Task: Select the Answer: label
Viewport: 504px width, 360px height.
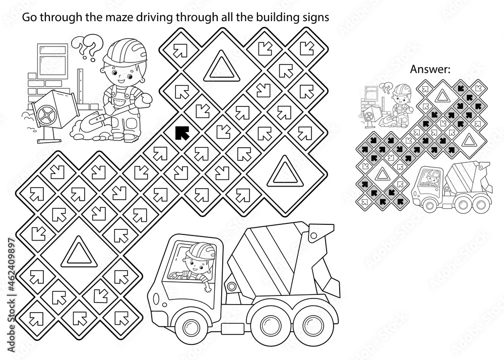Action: click(429, 71)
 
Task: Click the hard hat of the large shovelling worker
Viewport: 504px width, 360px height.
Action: click(123, 52)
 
